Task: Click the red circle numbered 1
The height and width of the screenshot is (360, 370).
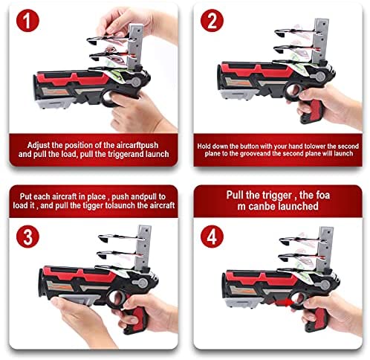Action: tap(27, 21)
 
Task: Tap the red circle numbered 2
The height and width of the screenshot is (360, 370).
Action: tap(212, 21)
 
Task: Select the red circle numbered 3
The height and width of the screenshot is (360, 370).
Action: tap(27, 237)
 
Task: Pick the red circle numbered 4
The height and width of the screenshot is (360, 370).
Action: tap(212, 237)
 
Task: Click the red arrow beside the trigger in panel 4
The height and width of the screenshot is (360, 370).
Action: tap(284, 303)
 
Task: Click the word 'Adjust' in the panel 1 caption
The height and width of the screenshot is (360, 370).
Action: tap(38, 145)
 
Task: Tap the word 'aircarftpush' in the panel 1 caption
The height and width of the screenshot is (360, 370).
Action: tap(137, 145)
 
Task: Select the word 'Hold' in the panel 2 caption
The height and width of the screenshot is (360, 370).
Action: tap(204, 146)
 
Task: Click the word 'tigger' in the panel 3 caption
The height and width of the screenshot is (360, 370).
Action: tap(94, 205)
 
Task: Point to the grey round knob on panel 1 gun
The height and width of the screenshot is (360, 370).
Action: tap(136, 81)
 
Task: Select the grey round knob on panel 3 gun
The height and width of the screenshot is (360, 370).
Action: tap(143, 283)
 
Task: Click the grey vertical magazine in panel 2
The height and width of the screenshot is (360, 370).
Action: tap(320, 41)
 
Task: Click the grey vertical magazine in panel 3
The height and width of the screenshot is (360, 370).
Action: tap(143, 248)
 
